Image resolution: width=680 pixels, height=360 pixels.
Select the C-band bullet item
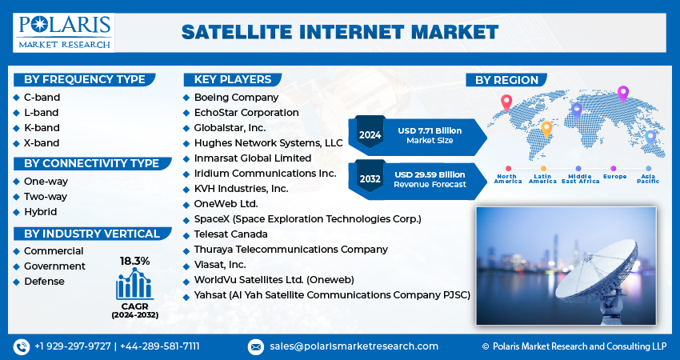(41, 98)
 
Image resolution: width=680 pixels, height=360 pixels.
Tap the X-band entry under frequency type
(41, 143)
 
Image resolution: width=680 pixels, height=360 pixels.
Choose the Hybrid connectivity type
(40, 212)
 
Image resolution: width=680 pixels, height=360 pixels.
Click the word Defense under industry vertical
(44, 281)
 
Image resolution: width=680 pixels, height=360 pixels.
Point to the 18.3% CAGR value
(134, 261)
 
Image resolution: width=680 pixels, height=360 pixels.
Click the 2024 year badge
(370, 134)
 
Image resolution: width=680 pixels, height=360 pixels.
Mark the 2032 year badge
(370, 179)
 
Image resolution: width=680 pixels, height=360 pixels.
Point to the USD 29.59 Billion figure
(430, 174)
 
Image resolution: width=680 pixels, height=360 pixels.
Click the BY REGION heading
(506, 80)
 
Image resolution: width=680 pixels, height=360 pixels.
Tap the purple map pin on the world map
(623, 94)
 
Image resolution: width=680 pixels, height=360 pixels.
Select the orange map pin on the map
(547, 128)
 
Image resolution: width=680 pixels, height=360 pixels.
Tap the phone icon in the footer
(22, 346)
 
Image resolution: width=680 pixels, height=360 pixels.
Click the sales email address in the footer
(354, 346)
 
